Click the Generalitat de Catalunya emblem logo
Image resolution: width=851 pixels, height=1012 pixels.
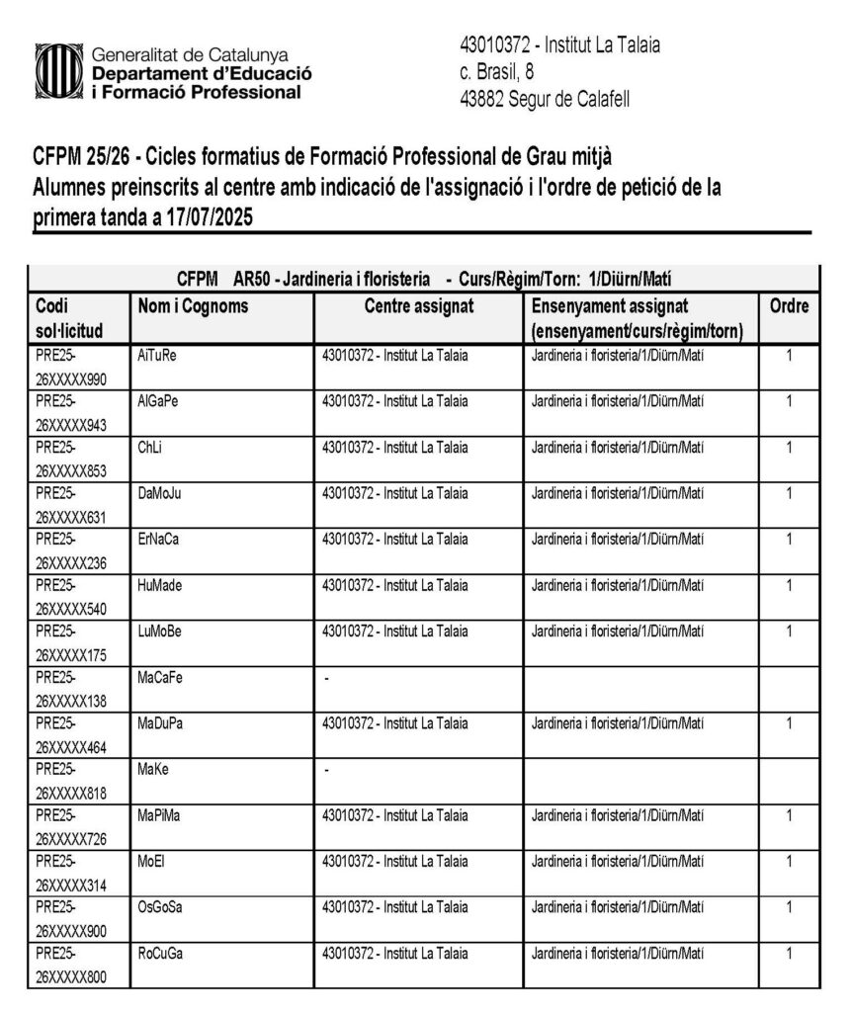point(57,71)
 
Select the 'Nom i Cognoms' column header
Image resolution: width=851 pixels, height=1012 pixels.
point(193,307)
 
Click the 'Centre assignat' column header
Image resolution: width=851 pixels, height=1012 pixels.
point(419,307)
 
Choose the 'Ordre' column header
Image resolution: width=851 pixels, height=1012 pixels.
point(789,307)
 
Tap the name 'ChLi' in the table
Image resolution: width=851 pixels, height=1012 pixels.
point(150,447)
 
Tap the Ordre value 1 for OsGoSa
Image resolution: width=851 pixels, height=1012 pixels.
point(789,907)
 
